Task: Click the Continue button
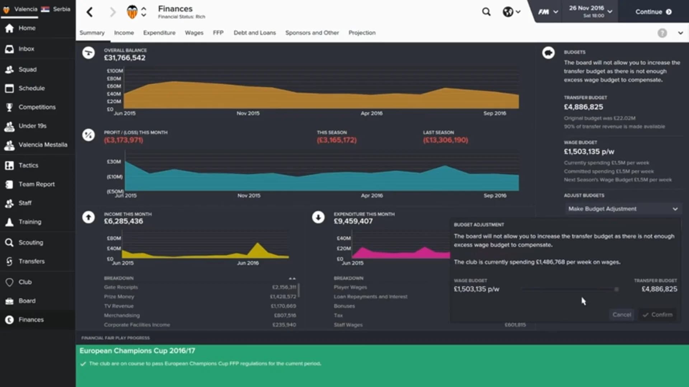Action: [653, 12]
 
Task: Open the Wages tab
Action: [194, 33]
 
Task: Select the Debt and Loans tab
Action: [254, 33]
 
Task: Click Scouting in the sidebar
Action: [31, 242]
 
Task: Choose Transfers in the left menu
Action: [32, 261]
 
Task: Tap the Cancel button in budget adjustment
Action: [622, 315]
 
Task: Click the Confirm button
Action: [658, 315]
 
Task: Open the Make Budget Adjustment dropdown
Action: [623, 209]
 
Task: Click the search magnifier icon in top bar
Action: [486, 12]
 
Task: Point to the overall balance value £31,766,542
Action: [125, 58]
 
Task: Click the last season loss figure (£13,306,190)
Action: [445, 140]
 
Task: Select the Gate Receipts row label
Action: [121, 287]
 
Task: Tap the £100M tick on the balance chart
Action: [114, 71]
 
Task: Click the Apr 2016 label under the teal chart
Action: [372, 195]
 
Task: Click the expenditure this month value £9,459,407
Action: [353, 221]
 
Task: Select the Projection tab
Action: [362, 33]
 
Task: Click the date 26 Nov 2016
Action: [586, 8]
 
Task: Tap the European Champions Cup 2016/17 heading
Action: [137, 351]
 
